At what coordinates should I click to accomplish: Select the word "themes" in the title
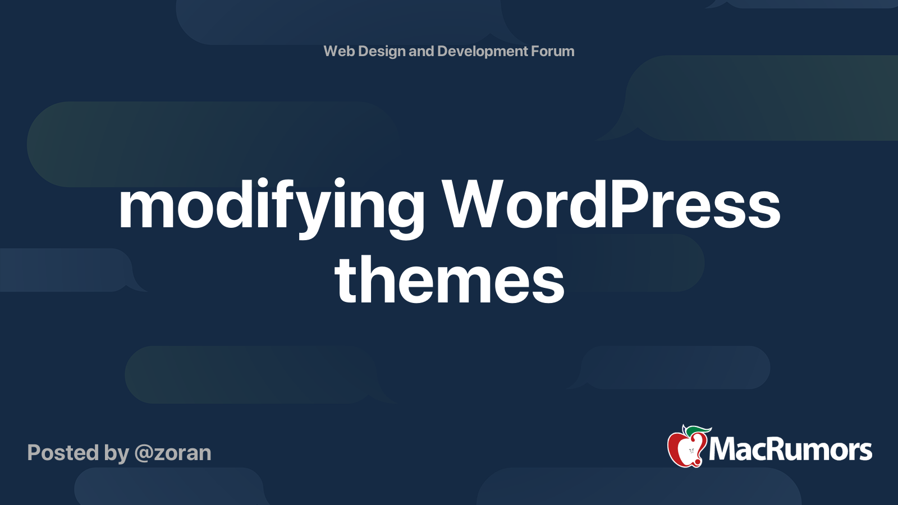pyautogui.click(x=449, y=279)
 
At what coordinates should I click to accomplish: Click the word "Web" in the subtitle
pyautogui.click(x=339, y=51)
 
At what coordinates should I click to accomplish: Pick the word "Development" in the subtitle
pyautogui.click(x=482, y=52)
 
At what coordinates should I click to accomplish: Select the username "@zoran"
pyautogui.click(x=173, y=453)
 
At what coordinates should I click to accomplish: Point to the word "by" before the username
pyautogui.click(x=116, y=453)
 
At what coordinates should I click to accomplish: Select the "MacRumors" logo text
pyautogui.click(x=790, y=449)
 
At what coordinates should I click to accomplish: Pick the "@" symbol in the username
pyautogui.click(x=144, y=453)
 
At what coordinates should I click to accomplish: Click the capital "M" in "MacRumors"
pyautogui.click(x=722, y=449)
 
